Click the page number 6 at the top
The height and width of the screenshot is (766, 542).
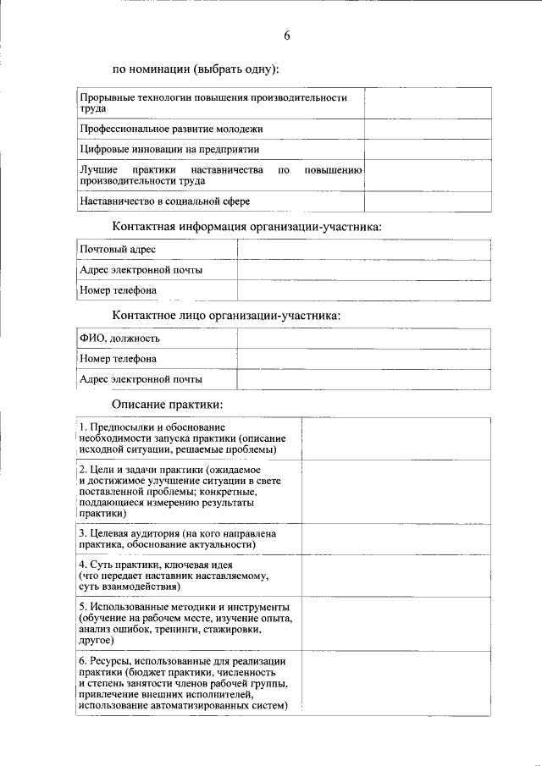(287, 36)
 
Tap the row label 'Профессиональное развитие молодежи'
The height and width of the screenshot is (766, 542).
(171, 129)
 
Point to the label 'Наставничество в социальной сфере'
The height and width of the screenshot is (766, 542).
(165, 201)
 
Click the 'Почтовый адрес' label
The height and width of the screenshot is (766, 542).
(118, 250)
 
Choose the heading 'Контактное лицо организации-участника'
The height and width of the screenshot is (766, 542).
(227, 316)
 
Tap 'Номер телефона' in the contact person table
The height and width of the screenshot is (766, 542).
(118, 359)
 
